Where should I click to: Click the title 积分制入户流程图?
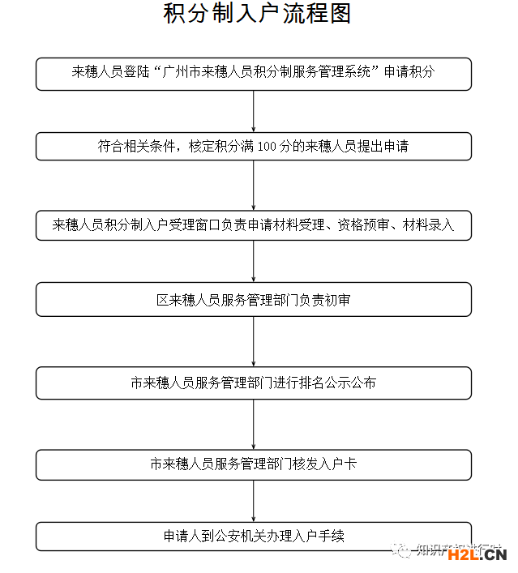[257, 15]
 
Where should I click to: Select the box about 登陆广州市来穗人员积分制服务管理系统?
[254, 73]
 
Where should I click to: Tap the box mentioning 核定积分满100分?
[254, 147]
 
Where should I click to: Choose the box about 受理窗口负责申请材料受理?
[254, 225]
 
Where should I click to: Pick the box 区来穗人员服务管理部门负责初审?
[254, 300]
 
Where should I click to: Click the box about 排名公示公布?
[254, 383]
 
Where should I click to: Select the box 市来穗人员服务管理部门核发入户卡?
[254, 465]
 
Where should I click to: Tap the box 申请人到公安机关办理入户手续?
[254, 537]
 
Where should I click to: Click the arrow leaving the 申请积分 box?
[254, 110]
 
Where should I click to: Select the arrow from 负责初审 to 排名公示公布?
[254, 341]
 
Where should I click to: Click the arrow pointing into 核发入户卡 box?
[254, 424]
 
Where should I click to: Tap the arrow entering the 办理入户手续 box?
[254, 501]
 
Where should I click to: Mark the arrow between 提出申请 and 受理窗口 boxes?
[254, 186]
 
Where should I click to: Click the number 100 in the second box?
[268, 148]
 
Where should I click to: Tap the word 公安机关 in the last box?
[240, 537]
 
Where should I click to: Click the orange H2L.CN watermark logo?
[477, 554]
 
